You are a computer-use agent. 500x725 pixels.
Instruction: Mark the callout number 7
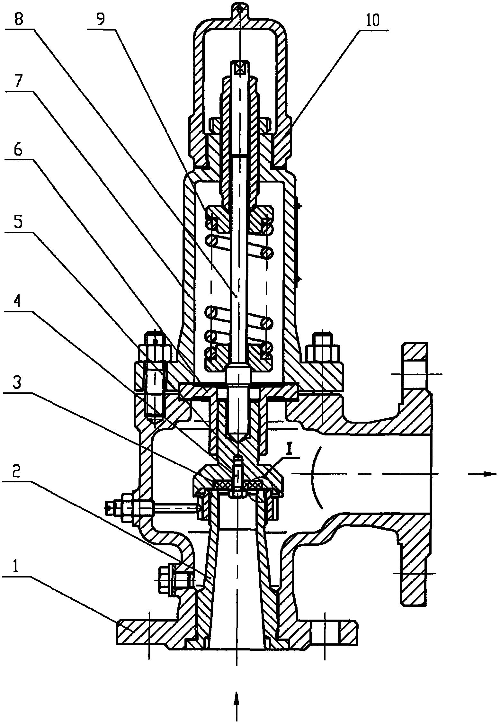(18, 83)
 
